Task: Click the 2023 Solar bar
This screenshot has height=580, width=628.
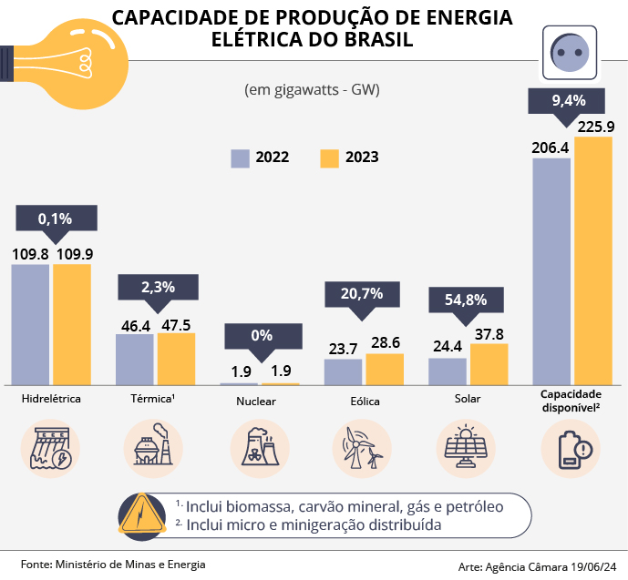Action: [489, 363]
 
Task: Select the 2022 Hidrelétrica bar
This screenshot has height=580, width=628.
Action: [31, 324]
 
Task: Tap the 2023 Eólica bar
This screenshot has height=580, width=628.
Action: [384, 369]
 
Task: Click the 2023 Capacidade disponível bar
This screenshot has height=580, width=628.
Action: [593, 260]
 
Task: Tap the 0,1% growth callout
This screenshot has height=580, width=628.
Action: [55, 219]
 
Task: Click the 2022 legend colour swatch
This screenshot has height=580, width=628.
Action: [240, 157]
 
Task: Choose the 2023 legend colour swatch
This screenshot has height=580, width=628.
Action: [329, 157]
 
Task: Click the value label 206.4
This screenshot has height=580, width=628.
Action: [551, 147]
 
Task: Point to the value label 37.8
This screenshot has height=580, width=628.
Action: [489, 333]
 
